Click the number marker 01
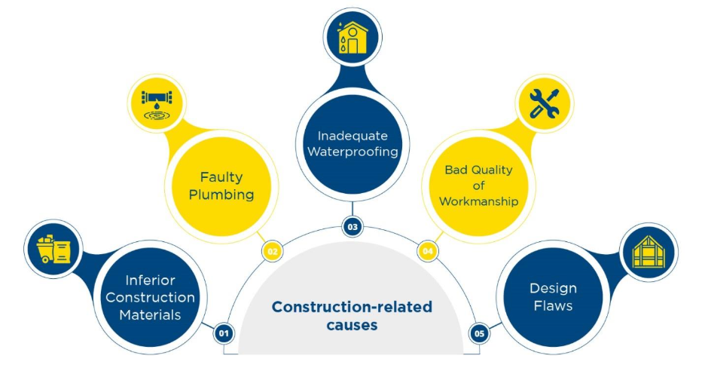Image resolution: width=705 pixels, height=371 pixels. [x=222, y=333]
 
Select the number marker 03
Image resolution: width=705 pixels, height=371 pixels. [x=352, y=225]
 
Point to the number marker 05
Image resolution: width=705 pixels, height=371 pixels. [x=479, y=333]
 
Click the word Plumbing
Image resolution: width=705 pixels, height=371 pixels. [x=221, y=195]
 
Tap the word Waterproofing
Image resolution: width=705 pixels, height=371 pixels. [x=352, y=152]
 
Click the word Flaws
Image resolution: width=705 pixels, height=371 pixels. [x=554, y=305]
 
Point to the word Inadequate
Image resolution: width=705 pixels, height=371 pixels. [x=352, y=136]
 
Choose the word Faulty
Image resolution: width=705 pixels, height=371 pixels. [x=221, y=177]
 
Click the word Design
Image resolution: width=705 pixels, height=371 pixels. [x=554, y=288]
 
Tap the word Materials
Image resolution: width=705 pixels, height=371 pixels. [x=151, y=314]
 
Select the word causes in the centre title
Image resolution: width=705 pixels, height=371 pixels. [x=352, y=325]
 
